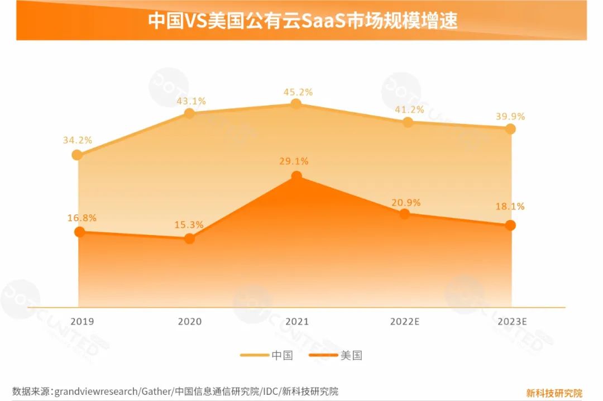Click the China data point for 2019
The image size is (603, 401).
tap(79, 155)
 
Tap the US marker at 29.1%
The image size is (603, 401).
tap(296, 176)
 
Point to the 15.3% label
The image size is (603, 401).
tap(189, 225)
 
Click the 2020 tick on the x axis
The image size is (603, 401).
tap(189, 322)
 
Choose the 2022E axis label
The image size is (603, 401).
tap(404, 322)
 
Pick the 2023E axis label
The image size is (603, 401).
tap(510, 322)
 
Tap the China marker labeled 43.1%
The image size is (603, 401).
tap(189, 113)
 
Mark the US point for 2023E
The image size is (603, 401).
tap(510, 225)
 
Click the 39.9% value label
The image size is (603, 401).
tap(510, 117)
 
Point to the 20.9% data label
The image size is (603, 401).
tap(406, 203)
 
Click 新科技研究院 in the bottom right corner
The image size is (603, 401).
tap(554, 393)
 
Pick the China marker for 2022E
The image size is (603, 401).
tap(408, 122)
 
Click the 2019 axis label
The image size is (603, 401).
tap(82, 322)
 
